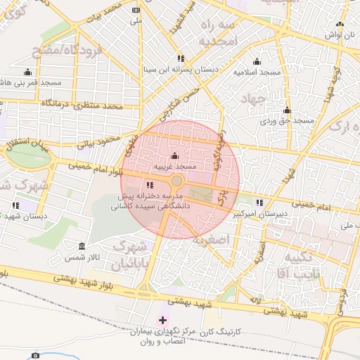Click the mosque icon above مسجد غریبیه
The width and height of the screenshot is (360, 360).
pyautogui.click(x=174, y=156)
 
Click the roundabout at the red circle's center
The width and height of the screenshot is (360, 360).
pyautogui.click(x=176, y=182)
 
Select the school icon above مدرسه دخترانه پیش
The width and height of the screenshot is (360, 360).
pyautogui.click(x=148, y=185)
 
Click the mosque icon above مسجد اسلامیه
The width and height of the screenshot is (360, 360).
pyautogui.click(x=256, y=61)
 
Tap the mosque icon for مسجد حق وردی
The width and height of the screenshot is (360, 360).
pyautogui.click(x=286, y=110)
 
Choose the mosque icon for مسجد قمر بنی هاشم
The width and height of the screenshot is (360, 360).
pyautogui.click(x=28, y=72)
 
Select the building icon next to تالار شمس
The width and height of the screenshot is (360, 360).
pyautogui.click(x=82, y=247)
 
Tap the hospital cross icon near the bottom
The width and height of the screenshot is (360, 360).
pyautogui.click(x=164, y=320)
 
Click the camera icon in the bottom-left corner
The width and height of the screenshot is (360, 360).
pyautogui.click(x=36, y=355)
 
